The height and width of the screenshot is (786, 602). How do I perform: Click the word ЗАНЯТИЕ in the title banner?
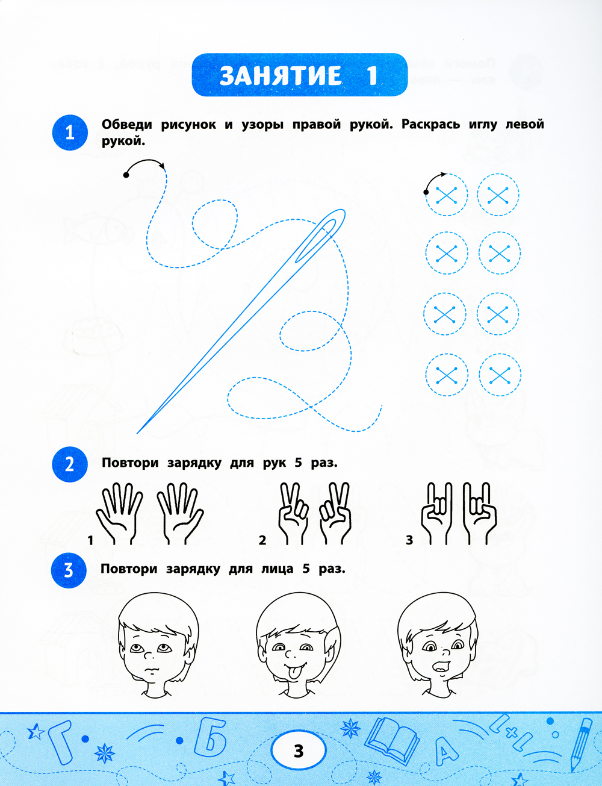(281, 75)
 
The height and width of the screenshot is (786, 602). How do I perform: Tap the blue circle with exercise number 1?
(70, 133)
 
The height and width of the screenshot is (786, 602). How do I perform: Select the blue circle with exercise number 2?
(70, 464)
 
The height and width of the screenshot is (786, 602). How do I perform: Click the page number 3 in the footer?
(299, 750)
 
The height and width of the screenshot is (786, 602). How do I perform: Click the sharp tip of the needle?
(137, 433)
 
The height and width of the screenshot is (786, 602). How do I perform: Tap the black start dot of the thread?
(126, 175)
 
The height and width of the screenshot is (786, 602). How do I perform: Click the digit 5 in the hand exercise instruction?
(298, 463)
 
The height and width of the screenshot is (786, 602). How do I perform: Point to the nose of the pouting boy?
(148, 655)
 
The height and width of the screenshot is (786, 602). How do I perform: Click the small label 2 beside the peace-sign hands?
(262, 540)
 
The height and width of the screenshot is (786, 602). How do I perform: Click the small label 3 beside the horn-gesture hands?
(409, 540)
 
